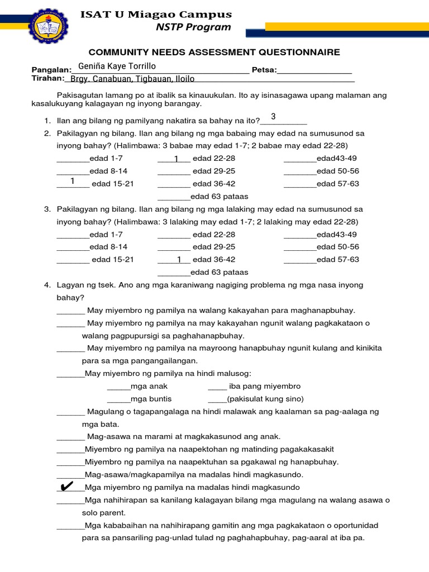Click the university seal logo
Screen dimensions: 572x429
pos(49,26)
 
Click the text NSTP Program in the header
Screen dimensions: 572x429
pos(194,27)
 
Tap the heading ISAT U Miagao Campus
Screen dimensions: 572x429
pos(156,14)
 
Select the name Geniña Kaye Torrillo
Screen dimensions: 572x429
pos(117,66)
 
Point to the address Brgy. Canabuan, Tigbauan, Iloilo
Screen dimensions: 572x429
pos(132,79)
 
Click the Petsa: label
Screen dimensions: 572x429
pos(264,70)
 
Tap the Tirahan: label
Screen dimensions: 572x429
pos(49,79)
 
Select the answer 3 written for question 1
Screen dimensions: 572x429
pos(273,116)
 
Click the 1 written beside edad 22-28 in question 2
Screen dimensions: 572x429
pos(176,159)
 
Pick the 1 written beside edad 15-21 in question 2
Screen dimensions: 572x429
pos(73,181)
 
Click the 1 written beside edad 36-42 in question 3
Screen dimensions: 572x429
pos(179,259)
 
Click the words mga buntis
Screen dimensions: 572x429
pos(151,399)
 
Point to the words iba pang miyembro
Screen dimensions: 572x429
pos(265,386)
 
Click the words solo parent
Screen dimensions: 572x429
pos(104,513)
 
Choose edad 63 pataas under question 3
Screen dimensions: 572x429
pos(220,272)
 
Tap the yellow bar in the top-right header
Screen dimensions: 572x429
pos(346,26)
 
